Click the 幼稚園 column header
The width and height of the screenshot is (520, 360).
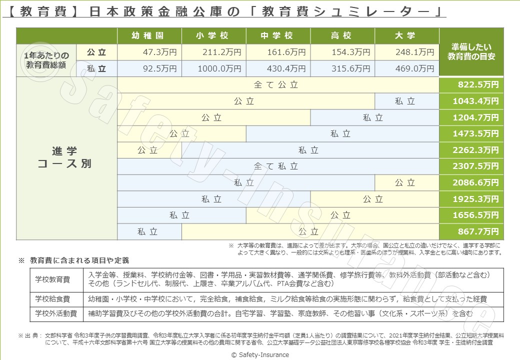[149, 36]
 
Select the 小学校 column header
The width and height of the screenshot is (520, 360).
[213, 36]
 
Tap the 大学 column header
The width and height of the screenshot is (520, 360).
[406, 36]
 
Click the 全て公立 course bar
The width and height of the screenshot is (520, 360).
[277, 85]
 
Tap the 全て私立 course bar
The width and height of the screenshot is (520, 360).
[277, 166]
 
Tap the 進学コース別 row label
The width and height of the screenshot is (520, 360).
[65, 157]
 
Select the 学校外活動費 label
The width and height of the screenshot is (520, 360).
[56, 314]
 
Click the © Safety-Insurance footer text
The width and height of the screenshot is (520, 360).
[260, 354]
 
